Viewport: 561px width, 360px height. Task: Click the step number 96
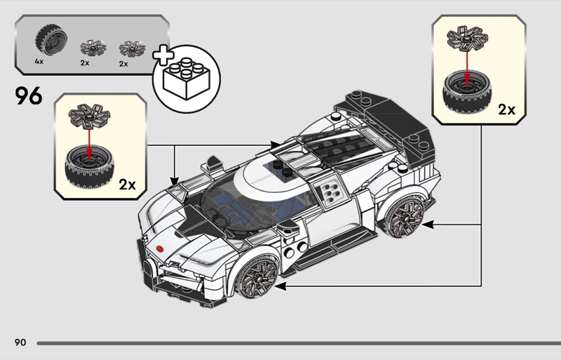28,95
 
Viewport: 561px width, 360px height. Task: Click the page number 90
19,342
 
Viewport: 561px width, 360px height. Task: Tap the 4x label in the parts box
39,62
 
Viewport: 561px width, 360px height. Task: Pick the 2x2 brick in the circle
187,77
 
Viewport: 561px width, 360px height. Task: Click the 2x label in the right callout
506,109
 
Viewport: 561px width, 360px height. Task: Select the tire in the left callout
89,167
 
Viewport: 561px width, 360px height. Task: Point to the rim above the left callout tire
89,119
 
